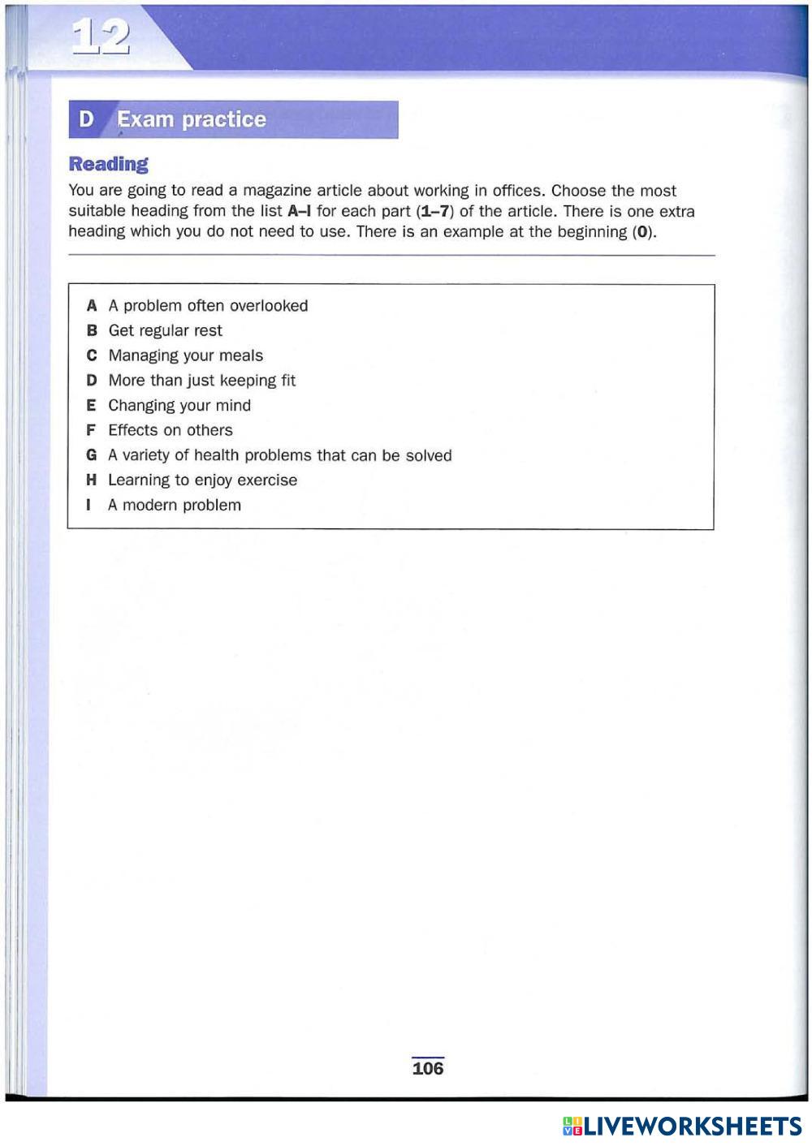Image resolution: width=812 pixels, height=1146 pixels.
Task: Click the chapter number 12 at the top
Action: click(101, 37)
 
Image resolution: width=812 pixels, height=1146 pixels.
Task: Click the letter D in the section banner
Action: click(86, 119)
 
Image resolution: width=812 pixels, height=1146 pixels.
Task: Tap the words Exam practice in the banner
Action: click(192, 119)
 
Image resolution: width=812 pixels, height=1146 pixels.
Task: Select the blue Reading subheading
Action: click(109, 164)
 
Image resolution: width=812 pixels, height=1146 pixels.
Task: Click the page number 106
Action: click(428, 1068)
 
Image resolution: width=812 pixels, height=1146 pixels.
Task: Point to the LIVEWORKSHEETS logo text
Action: click(692, 1126)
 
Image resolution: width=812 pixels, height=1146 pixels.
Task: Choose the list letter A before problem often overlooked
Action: click(92, 306)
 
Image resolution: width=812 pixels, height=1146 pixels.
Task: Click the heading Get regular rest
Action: click(165, 330)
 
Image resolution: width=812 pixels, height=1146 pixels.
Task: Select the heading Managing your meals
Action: click(185, 355)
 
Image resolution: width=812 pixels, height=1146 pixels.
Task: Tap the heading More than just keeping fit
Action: click(201, 381)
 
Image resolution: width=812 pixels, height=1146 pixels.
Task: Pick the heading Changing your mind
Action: click(179, 405)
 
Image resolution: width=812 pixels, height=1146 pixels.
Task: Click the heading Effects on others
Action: click(171, 430)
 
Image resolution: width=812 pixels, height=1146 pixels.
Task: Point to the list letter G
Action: click(92, 455)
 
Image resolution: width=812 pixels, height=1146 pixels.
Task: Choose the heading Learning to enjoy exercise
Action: click(202, 480)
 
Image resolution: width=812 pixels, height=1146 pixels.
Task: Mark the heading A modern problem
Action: click(175, 505)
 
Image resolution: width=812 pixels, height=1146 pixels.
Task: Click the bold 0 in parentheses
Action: click(644, 231)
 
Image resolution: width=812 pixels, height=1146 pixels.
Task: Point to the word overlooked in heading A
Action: click(269, 306)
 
